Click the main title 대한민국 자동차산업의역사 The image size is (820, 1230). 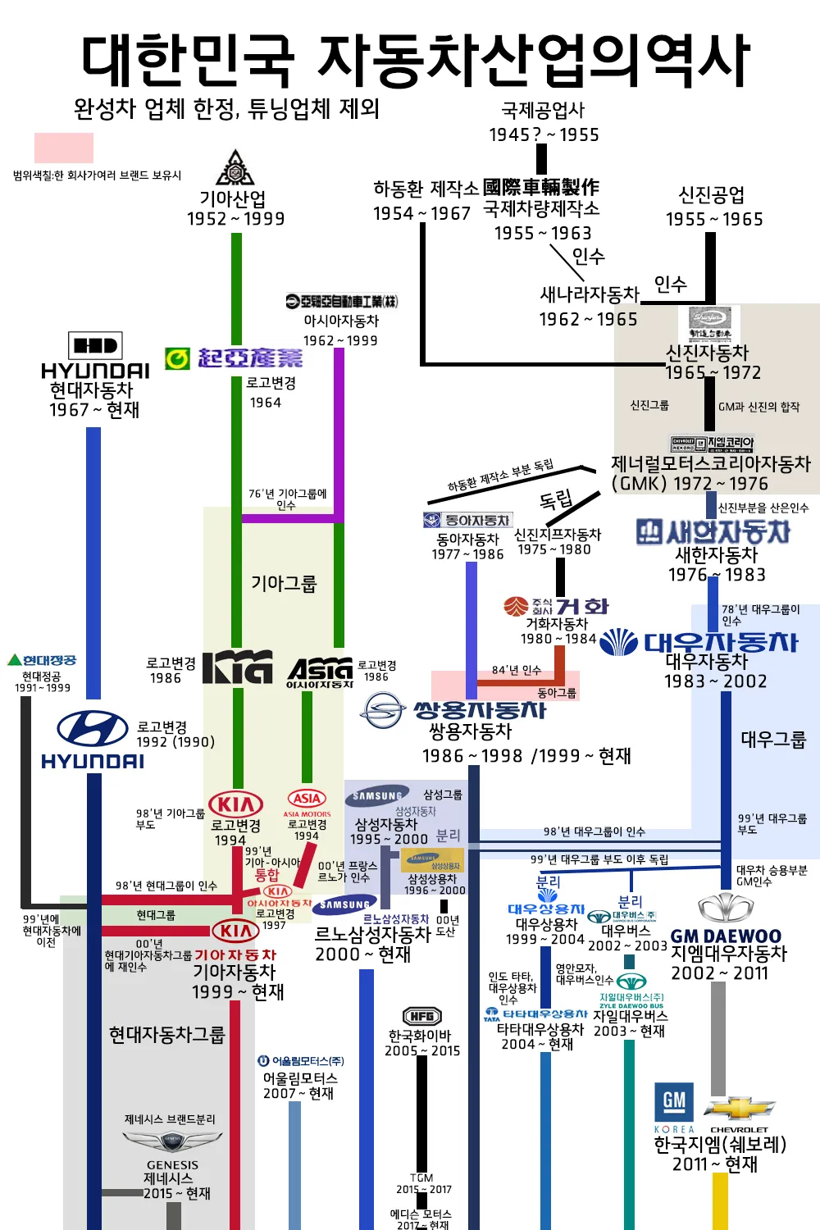click(415, 61)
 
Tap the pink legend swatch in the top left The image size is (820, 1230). click(63, 148)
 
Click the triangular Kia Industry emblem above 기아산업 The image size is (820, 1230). click(235, 168)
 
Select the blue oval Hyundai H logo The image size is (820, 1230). click(92, 729)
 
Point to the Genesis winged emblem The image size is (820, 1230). click(172, 1141)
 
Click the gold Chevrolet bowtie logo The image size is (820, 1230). click(739, 1108)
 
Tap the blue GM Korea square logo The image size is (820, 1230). click(674, 1101)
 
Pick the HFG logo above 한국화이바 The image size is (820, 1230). click(422, 1016)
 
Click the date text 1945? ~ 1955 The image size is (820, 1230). click(544, 134)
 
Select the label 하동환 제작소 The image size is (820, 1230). click(426, 189)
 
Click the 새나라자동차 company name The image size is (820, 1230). click(589, 294)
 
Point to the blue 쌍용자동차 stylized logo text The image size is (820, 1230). click(479, 709)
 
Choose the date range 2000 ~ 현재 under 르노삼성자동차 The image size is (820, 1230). click(362, 954)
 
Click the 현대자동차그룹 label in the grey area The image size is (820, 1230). click(166, 1035)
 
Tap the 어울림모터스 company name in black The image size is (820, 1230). click(300, 1078)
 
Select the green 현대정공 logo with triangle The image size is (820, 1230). click(42, 660)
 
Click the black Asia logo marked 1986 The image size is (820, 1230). click(321, 671)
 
